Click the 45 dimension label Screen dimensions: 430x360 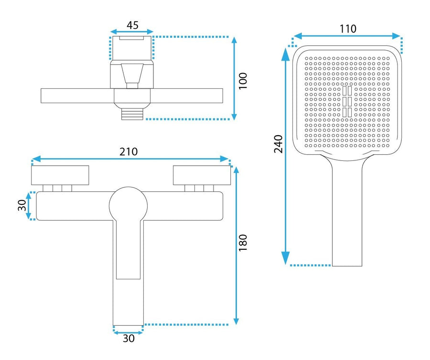pyautogui.click(x=132, y=25)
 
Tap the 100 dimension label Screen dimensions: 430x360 pyautogui.click(x=243, y=81)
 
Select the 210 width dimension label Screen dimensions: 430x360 pyautogui.click(x=129, y=151)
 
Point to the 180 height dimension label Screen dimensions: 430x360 pyautogui.click(x=243, y=243)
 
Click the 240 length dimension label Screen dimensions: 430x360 pyautogui.click(x=279, y=144)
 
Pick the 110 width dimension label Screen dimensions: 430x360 pyautogui.click(x=348, y=29)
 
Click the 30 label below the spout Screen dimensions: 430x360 pyautogui.click(x=129, y=339)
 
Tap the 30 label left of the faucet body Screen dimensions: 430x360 pyautogui.click(x=22, y=205)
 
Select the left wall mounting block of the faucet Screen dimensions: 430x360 pyautogui.click(x=60, y=175)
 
